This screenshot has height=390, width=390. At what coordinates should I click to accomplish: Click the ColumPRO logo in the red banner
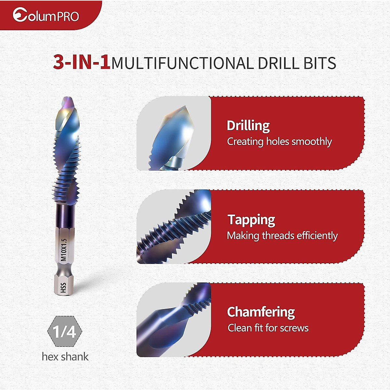[x=46, y=15]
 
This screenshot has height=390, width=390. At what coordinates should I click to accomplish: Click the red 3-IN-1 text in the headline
[x=82, y=63]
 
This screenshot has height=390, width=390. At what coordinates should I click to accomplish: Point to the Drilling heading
[x=248, y=126]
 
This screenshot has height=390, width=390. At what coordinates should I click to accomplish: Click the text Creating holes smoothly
[x=279, y=141]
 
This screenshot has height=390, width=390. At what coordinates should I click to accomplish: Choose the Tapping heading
[x=251, y=220]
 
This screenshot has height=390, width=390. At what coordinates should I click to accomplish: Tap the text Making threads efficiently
[x=282, y=236]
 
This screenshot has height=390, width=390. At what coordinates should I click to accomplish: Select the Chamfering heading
[x=261, y=312]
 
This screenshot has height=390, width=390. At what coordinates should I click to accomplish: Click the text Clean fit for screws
[x=268, y=328]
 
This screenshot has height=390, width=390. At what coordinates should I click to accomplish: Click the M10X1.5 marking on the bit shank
[x=64, y=250]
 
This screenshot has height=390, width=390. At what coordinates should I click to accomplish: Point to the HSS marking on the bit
[x=64, y=288]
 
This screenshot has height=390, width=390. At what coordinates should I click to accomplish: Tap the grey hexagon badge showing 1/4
[x=65, y=331]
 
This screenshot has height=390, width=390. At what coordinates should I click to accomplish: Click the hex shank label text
[x=65, y=357]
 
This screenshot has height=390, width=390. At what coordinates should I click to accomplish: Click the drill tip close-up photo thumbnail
[x=174, y=133]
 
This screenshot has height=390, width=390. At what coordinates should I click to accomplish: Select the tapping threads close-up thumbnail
[x=174, y=227]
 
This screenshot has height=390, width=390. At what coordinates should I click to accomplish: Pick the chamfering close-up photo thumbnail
[x=174, y=320]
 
